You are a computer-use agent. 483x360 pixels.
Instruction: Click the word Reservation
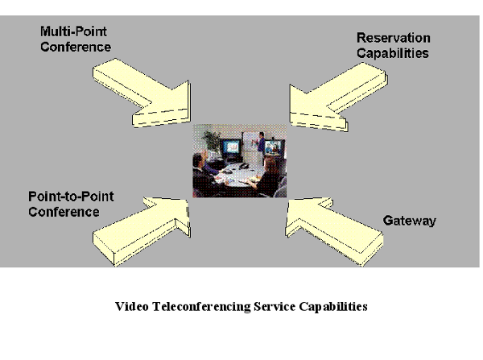pos(393,39)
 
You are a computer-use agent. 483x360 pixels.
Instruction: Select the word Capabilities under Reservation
pos(393,53)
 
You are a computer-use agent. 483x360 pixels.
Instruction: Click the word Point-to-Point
pos(68,197)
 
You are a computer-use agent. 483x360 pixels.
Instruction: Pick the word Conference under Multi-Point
pos(75,48)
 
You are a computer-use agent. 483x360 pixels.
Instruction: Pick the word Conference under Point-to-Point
pos(64,212)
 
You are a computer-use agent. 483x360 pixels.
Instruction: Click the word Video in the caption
pos(131,307)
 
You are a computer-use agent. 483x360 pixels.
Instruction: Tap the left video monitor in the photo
pos(232,148)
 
